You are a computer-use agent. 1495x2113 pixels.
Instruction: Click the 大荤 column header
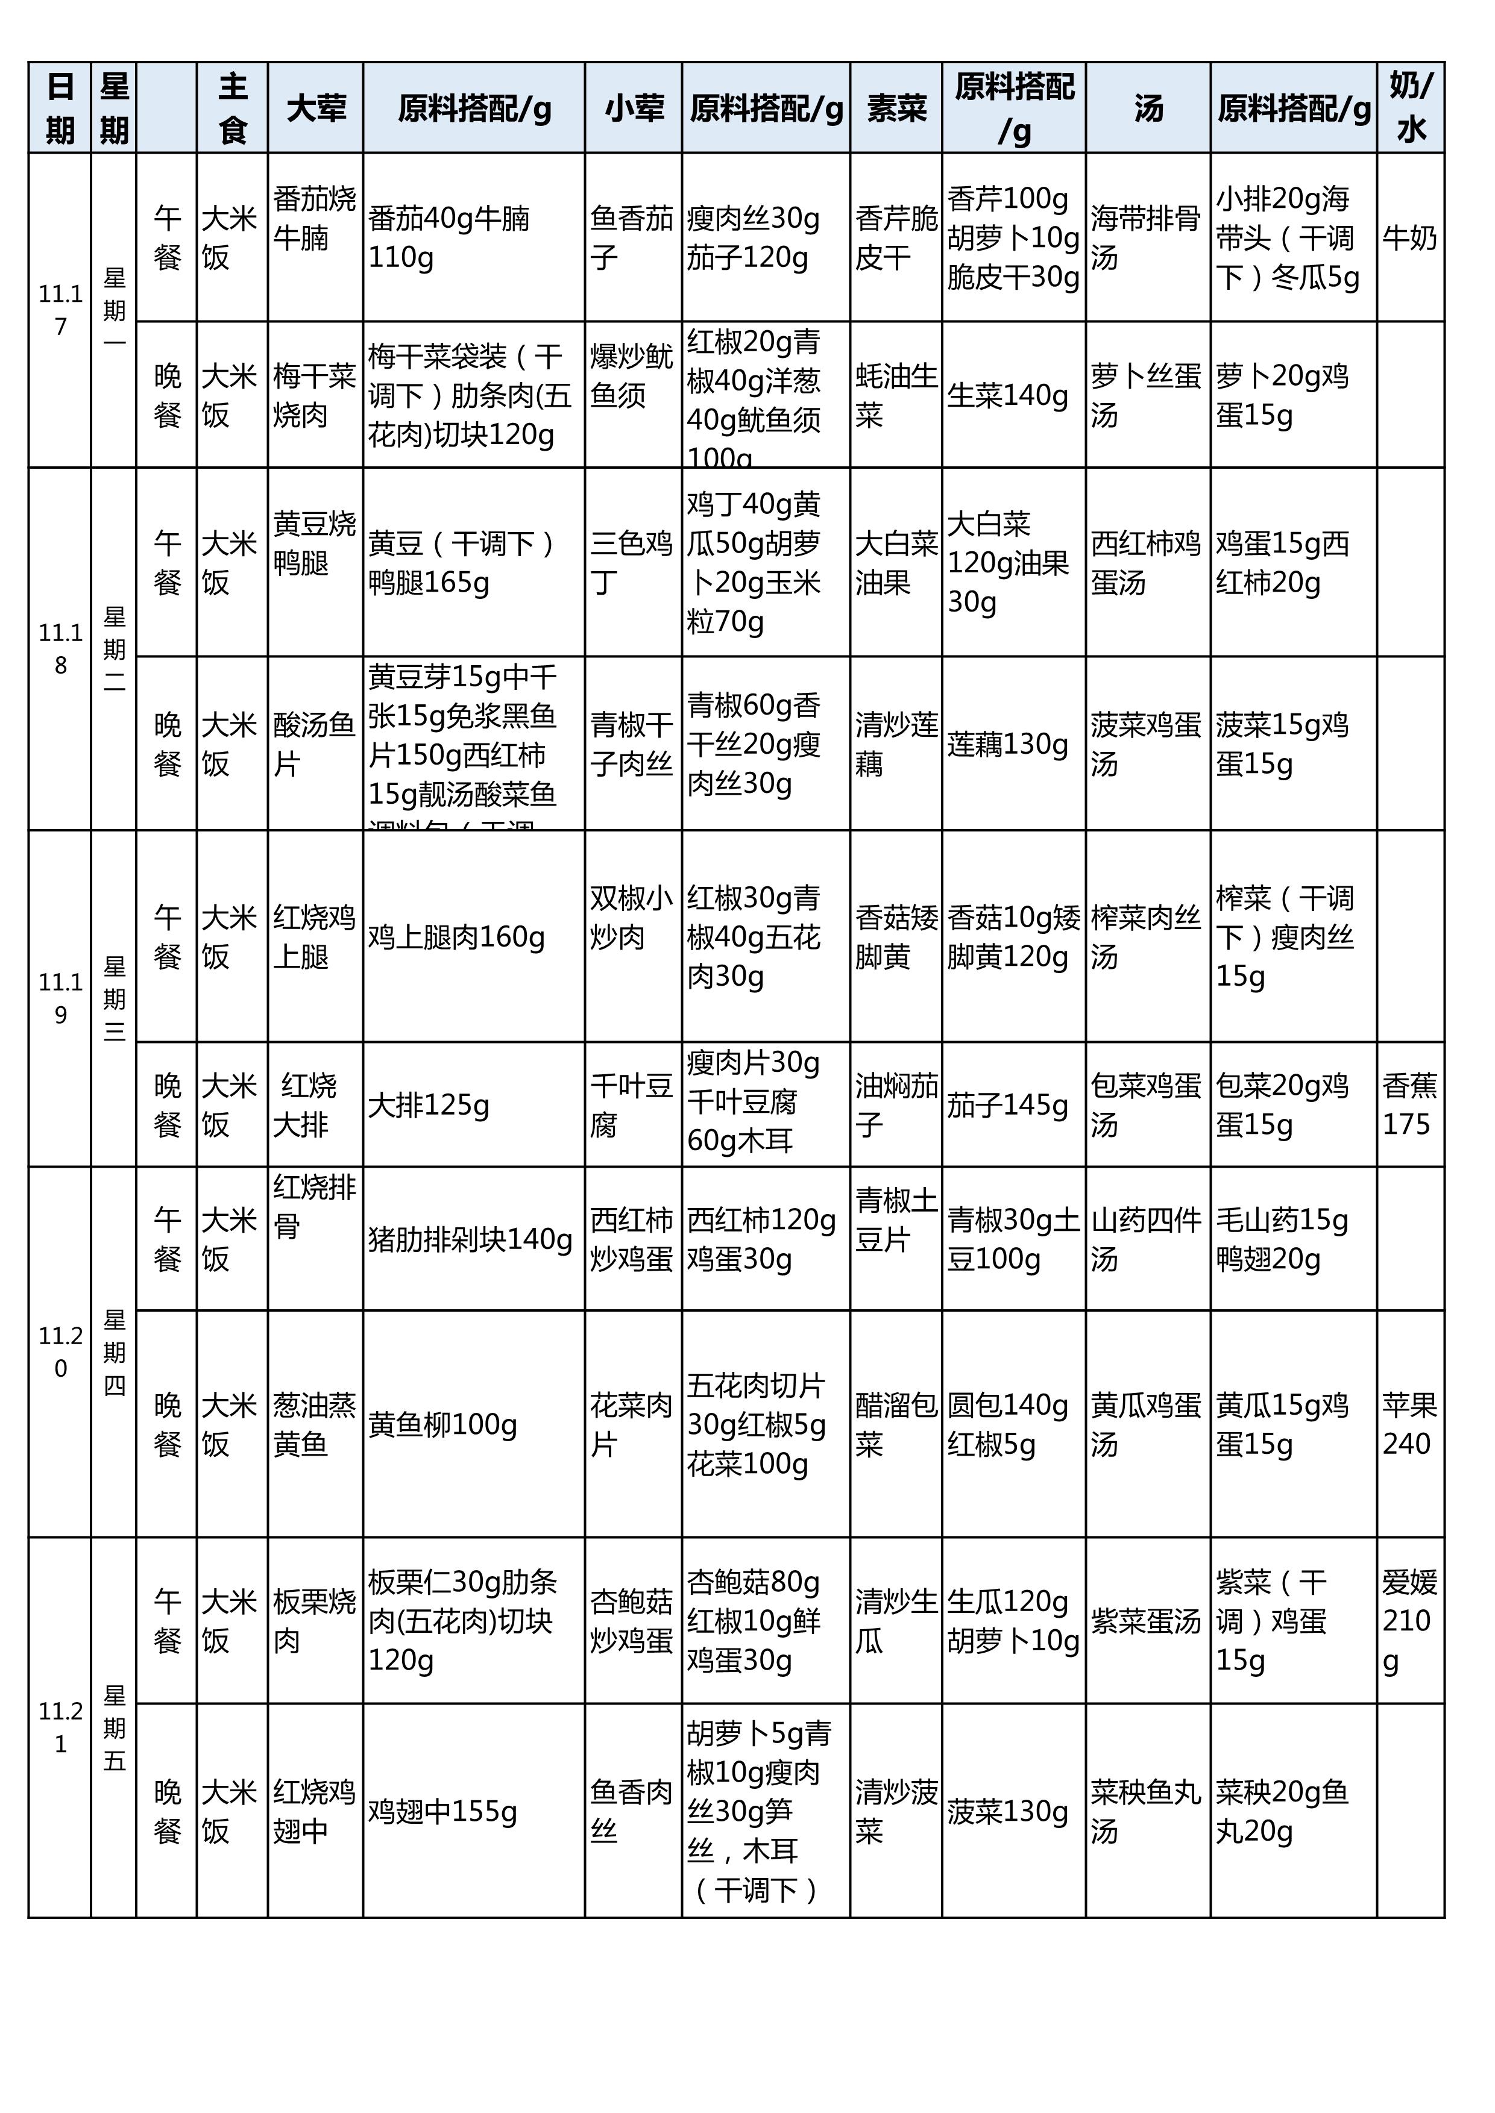tap(316, 108)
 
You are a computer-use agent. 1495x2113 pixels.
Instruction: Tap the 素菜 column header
tap(896, 108)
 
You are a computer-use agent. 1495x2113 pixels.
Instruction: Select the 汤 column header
tap(1148, 108)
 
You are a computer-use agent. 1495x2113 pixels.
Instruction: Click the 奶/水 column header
tap(1411, 108)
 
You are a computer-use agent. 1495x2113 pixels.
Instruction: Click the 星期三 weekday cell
tap(114, 998)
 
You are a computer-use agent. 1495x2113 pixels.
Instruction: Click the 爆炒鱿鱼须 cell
tap(632, 375)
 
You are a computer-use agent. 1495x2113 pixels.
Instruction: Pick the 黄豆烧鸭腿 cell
tap(315, 543)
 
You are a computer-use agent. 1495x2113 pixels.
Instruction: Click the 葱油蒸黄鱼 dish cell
tap(315, 1424)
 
